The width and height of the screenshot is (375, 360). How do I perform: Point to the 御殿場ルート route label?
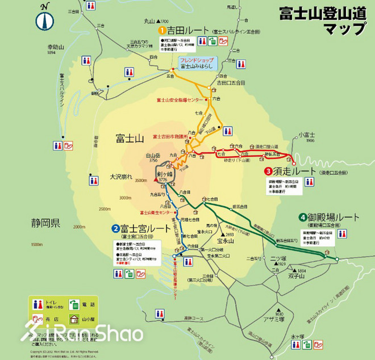pos(328,217)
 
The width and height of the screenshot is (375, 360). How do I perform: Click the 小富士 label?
pos(306,136)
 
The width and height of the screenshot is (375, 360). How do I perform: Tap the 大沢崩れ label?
pos(122,177)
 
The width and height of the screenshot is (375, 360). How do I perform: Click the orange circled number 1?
pos(161,29)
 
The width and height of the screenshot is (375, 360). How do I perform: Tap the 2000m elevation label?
pos(79,226)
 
